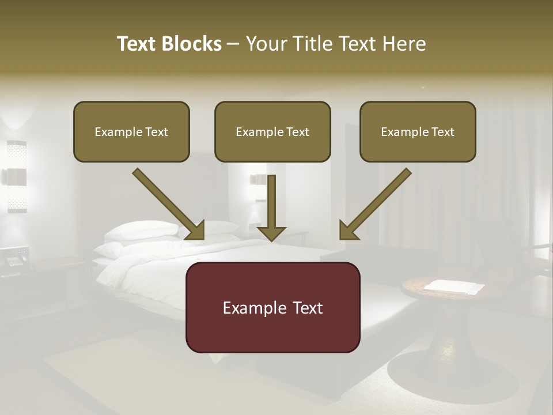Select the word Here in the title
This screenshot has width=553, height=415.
click(x=404, y=44)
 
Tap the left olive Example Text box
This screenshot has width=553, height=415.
click(x=131, y=131)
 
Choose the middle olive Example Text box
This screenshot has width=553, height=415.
click(x=272, y=131)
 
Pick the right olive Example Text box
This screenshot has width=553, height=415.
click(x=418, y=131)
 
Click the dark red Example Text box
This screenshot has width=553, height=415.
click(x=272, y=307)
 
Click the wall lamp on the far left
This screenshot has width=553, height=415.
click(x=17, y=176)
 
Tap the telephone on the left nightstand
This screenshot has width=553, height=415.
click(x=14, y=257)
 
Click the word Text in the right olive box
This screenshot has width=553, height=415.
click(x=442, y=131)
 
